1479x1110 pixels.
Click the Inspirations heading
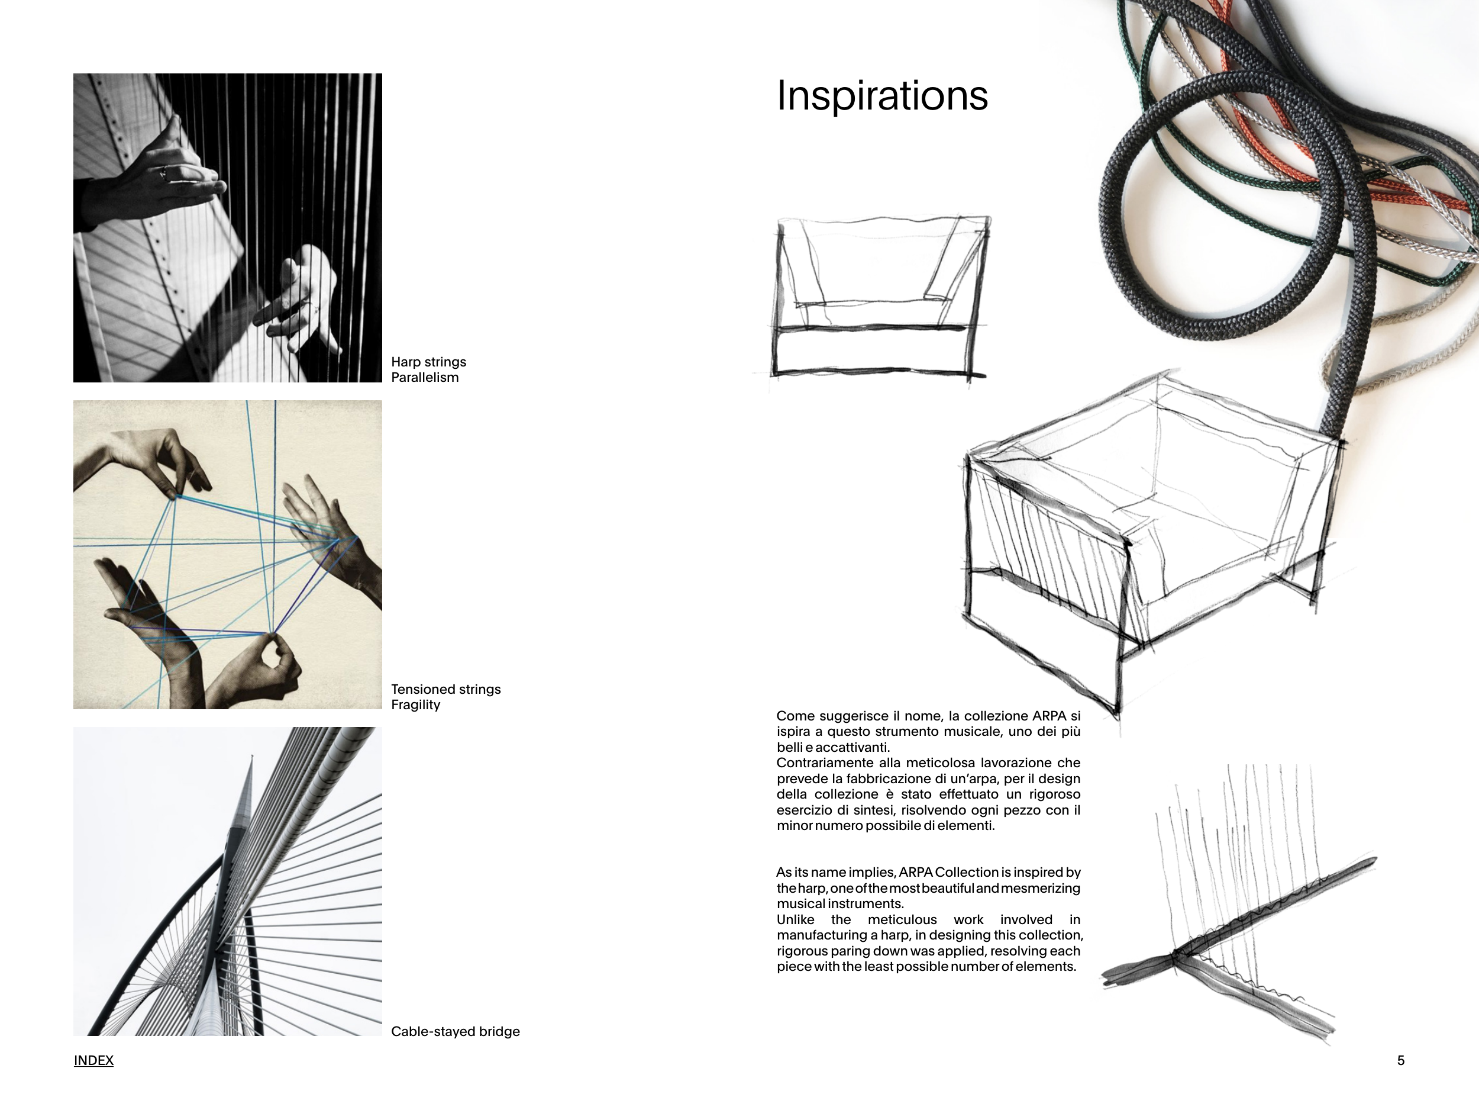[882, 96]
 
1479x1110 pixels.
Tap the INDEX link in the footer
[93, 1060]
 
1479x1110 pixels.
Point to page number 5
[1401, 1060]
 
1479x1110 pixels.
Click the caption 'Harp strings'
[428, 362]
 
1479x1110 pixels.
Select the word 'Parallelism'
[425, 377]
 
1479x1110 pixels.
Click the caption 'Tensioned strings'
[446, 689]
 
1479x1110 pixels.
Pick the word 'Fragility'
[415, 704]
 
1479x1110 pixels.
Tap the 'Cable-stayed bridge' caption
[456, 1031]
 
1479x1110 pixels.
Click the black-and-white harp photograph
[227, 227]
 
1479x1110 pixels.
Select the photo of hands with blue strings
[227, 555]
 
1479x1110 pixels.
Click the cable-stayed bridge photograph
[227, 881]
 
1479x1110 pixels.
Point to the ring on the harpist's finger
[164, 175]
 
